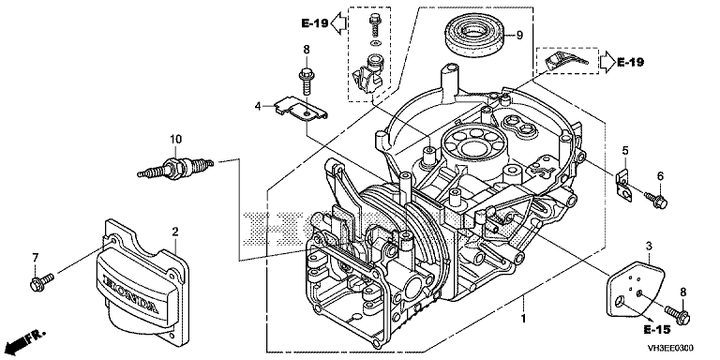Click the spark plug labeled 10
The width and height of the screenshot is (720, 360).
tap(175, 168)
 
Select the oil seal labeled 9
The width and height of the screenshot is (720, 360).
tap(473, 36)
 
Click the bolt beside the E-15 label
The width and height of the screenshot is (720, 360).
tap(677, 314)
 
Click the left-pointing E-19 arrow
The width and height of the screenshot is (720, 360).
tap(338, 22)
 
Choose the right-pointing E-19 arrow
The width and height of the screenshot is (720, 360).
tap(607, 62)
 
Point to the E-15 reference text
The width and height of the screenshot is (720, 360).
tap(656, 329)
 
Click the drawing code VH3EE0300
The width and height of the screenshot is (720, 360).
tap(670, 348)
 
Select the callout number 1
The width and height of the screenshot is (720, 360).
tap(523, 319)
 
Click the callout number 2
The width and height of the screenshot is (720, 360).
tap(175, 232)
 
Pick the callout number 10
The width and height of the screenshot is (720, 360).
tap(176, 139)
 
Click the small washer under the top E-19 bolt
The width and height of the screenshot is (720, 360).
tap(376, 43)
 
